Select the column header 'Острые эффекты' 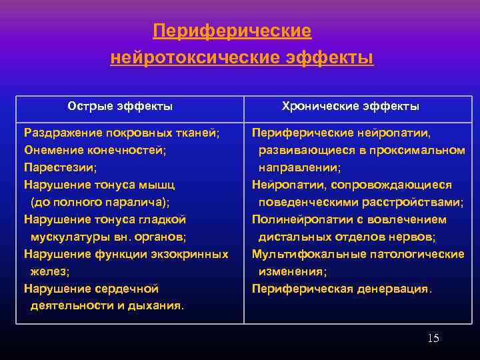tap(120, 106)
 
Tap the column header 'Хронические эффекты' tap(351, 106)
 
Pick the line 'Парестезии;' tap(60, 167)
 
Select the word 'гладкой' tap(163, 219)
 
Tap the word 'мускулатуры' tap(66, 237)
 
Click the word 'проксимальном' tap(423, 150)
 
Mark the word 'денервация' tap(399, 289)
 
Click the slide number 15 tap(433, 338)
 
